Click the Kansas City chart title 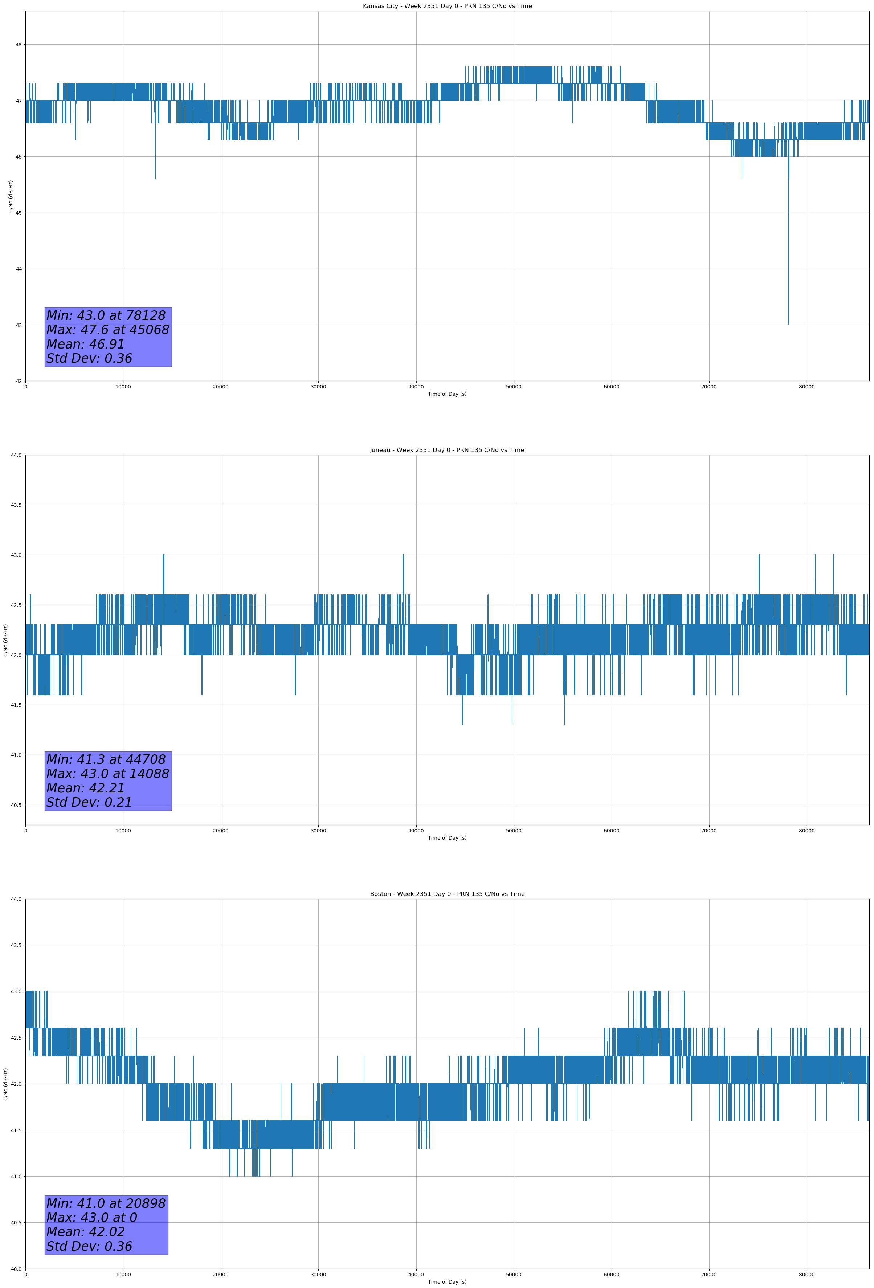(447, 6)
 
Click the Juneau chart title (447, 450)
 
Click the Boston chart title (447, 894)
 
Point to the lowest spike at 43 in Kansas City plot (788, 323)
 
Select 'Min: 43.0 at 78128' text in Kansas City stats (106, 315)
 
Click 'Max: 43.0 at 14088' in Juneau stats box (107, 774)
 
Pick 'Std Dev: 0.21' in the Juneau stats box (89, 803)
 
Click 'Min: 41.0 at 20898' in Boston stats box (106, 1203)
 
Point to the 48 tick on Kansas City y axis (18, 45)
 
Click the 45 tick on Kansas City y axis (18, 213)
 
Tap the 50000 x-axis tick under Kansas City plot (514, 387)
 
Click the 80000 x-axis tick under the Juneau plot (806, 830)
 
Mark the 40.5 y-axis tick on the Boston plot (16, 1223)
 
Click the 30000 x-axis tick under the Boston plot (318, 1275)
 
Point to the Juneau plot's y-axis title (5, 640)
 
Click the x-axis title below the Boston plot (447, 1282)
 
